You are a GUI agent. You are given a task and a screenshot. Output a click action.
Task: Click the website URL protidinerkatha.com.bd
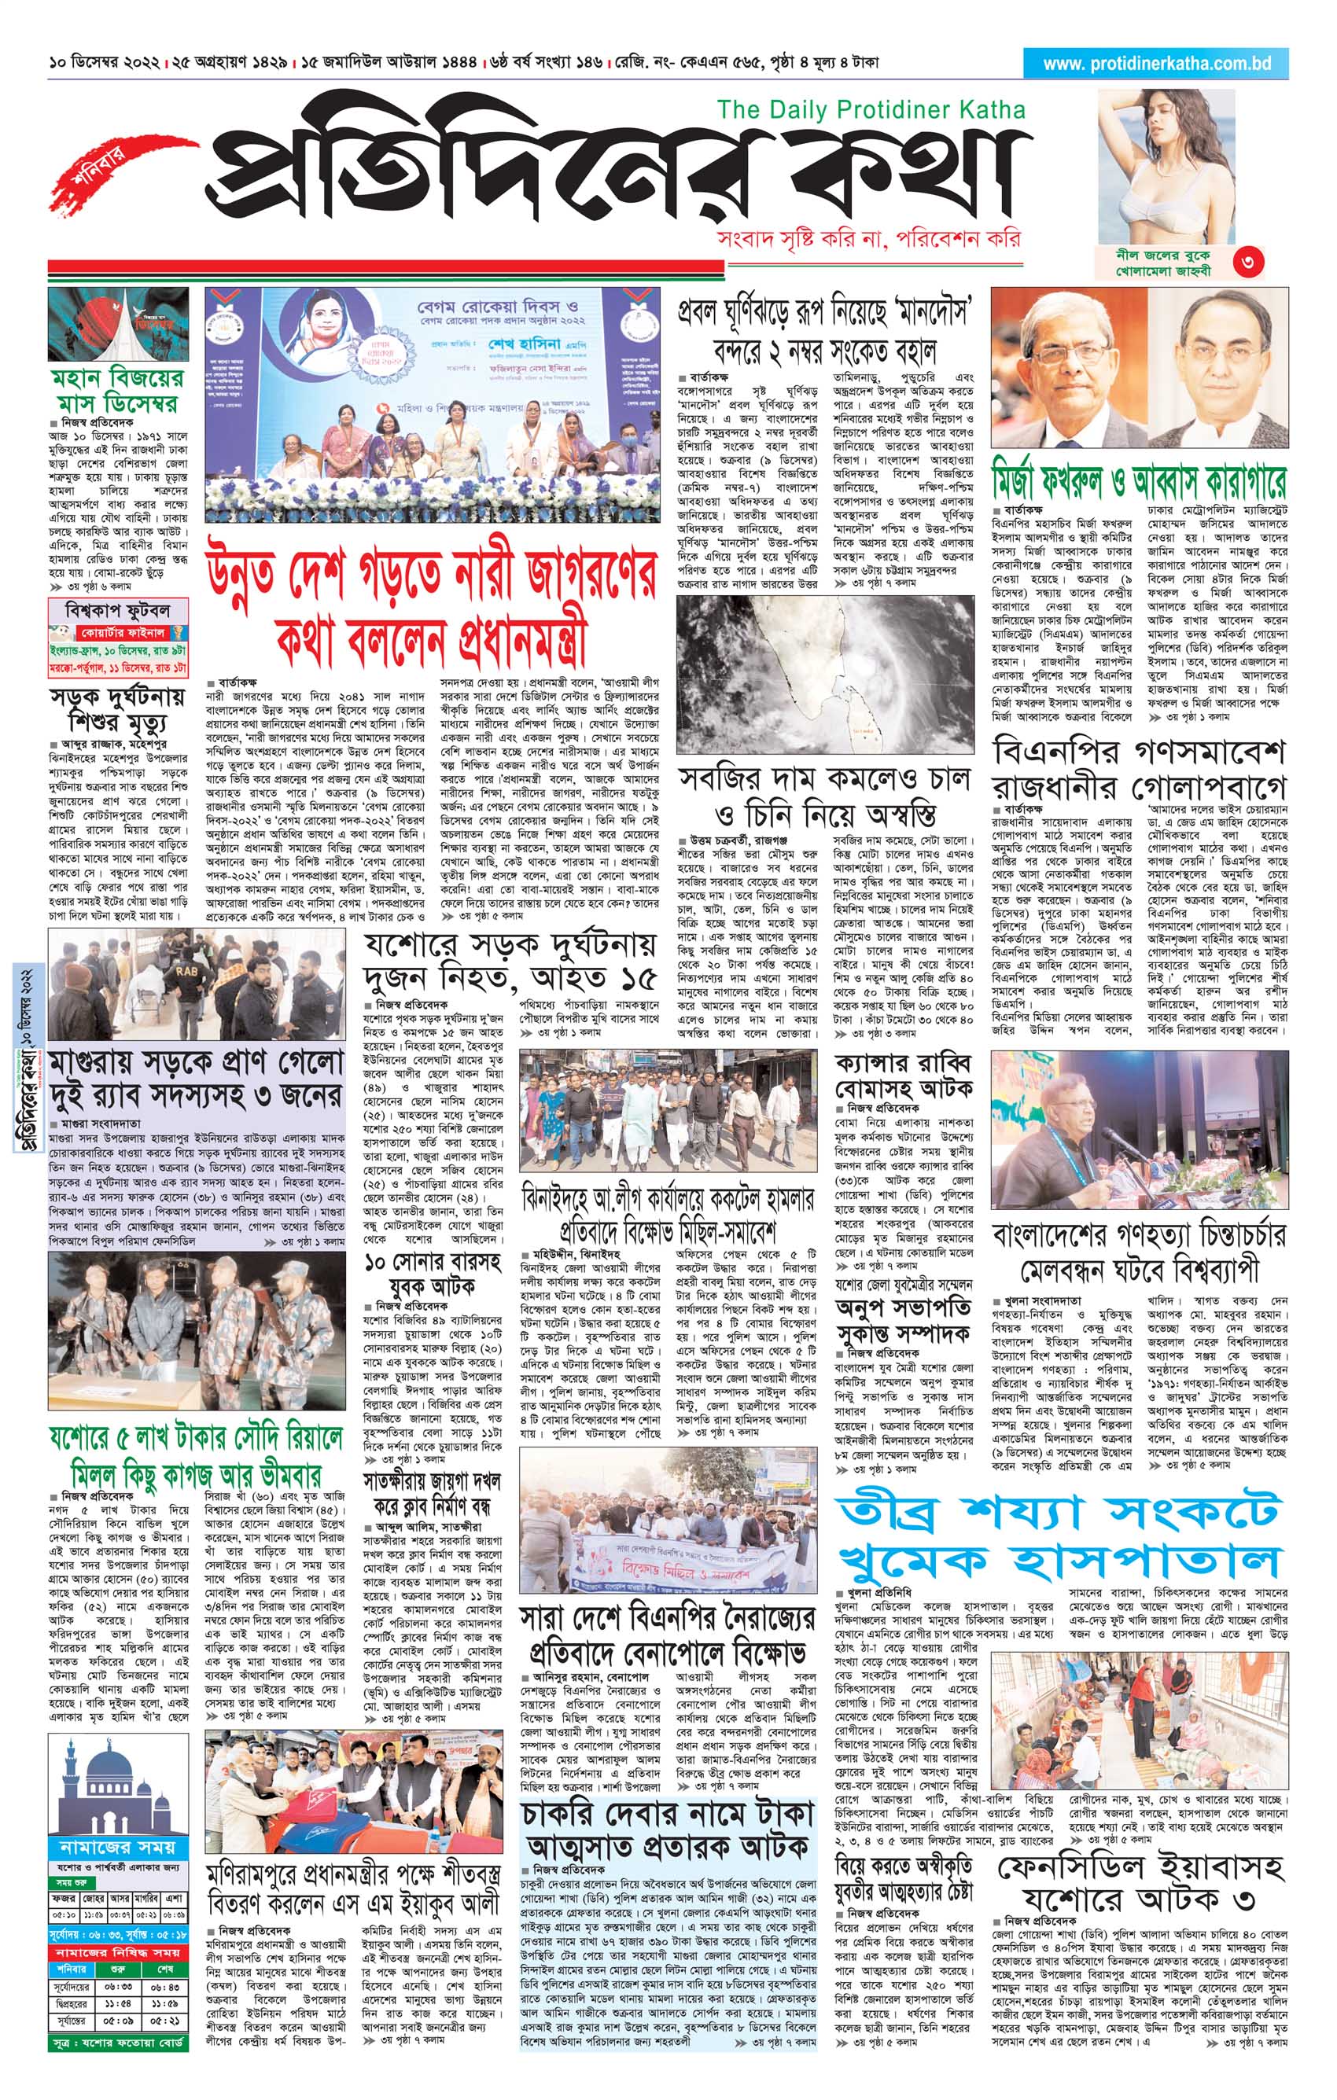tap(1156, 64)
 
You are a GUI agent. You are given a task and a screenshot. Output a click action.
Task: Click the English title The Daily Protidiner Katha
tap(871, 110)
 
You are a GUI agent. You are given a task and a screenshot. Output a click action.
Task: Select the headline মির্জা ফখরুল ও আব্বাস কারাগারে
tap(1139, 480)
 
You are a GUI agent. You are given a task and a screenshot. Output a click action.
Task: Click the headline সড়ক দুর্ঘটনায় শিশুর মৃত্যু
tap(118, 711)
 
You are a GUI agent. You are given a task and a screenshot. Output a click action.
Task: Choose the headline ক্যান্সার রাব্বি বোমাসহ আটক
tap(903, 1077)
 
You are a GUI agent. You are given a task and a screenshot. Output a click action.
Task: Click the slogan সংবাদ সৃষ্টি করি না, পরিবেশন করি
tap(867, 238)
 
